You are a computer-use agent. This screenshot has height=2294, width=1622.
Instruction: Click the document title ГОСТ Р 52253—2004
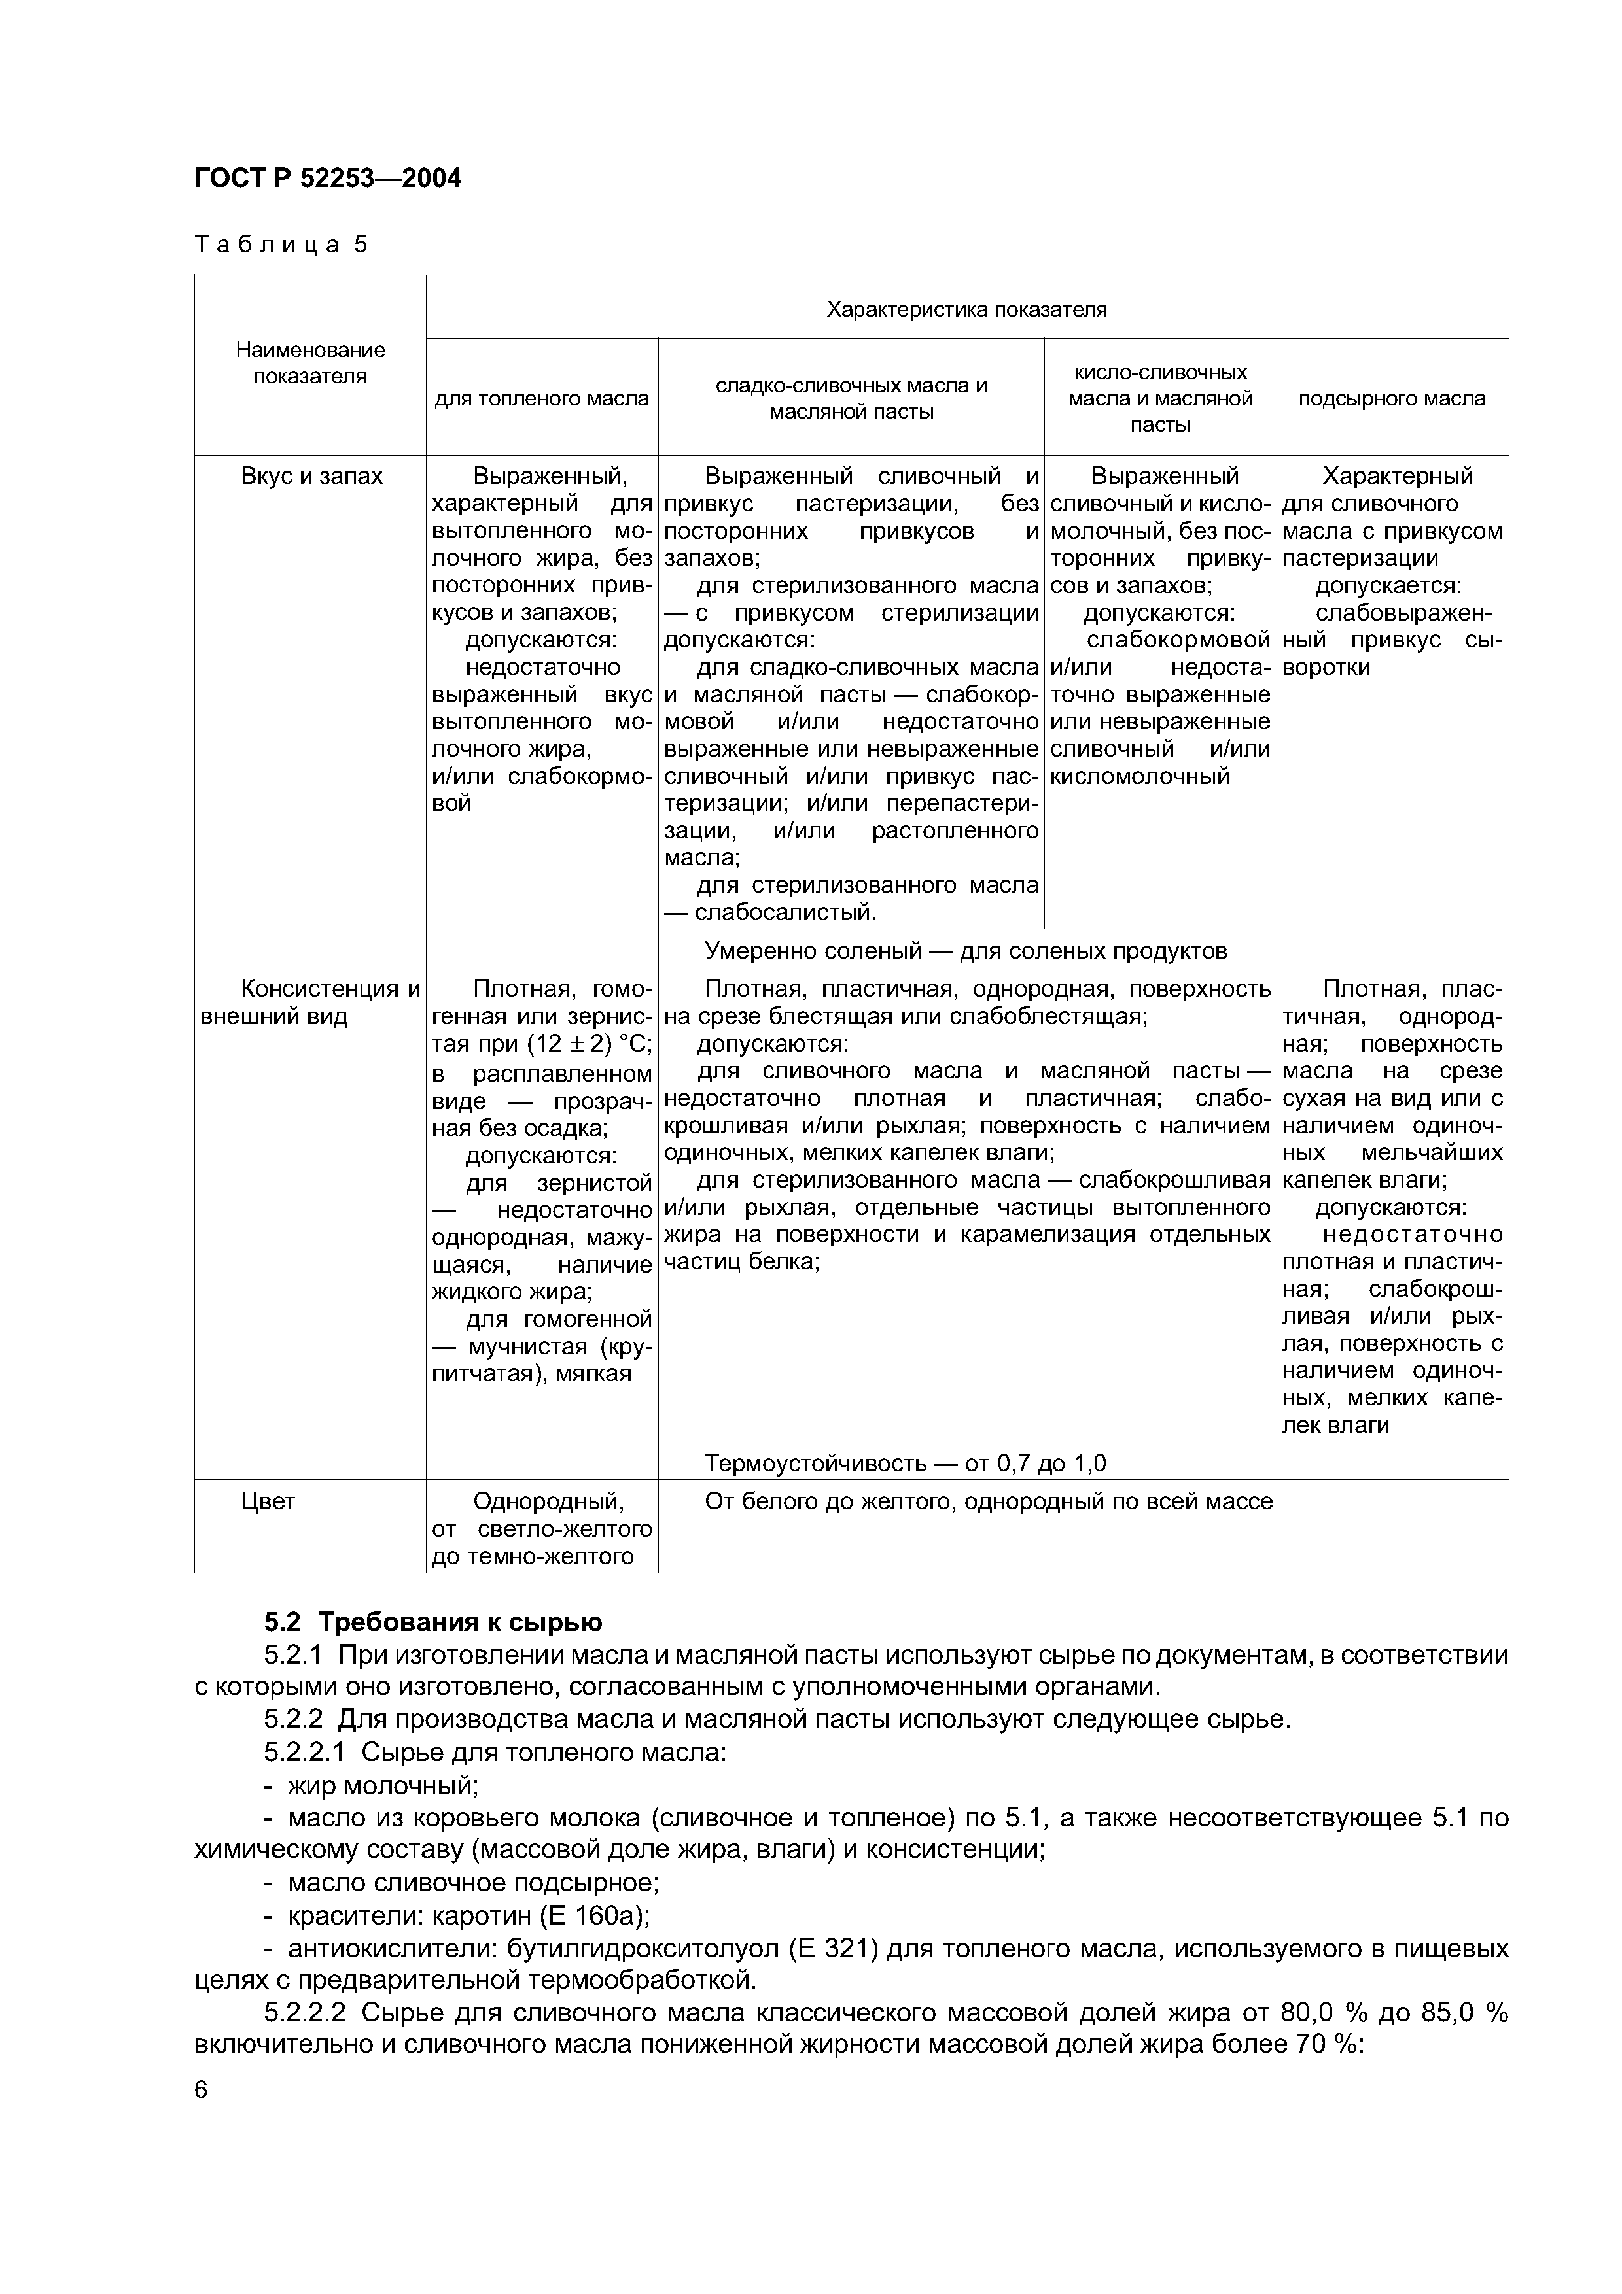pos(328,179)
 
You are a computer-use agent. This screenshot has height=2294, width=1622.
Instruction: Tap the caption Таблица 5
pos(281,245)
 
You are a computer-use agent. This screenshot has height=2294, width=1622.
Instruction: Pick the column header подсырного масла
pos(1391,399)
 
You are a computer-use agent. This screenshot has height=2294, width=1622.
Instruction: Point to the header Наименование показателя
pos(309,363)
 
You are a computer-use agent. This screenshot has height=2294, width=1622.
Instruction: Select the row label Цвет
pos(268,1501)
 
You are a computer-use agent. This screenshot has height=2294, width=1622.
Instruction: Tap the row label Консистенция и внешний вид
pos(309,1002)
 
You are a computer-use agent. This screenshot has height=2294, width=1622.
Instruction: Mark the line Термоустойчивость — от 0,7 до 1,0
pos(906,1464)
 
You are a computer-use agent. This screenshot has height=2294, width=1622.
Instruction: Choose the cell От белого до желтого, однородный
pos(989,1501)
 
